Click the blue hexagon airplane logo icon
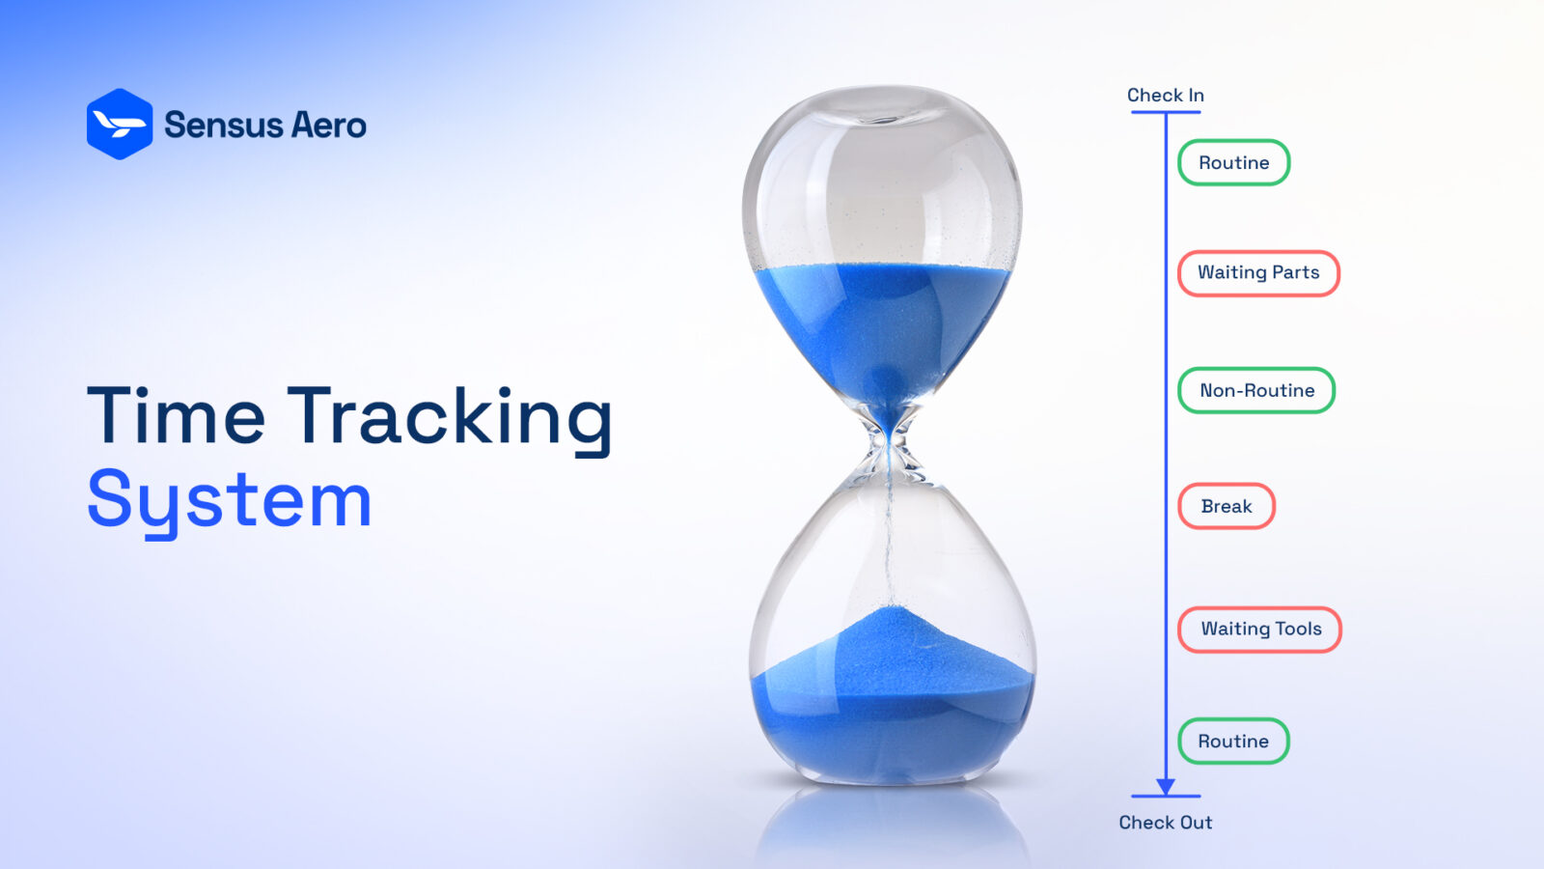click(119, 125)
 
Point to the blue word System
click(230, 500)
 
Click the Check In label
click(1165, 95)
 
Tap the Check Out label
click(1165, 822)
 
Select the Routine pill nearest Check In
click(1233, 162)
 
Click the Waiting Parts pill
click(1258, 272)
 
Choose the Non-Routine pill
click(1256, 390)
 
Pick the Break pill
click(1226, 506)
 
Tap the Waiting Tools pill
click(1259, 629)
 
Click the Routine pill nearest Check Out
click(1233, 741)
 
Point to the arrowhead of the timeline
click(1165, 786)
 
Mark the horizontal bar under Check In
click(1165, 112)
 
